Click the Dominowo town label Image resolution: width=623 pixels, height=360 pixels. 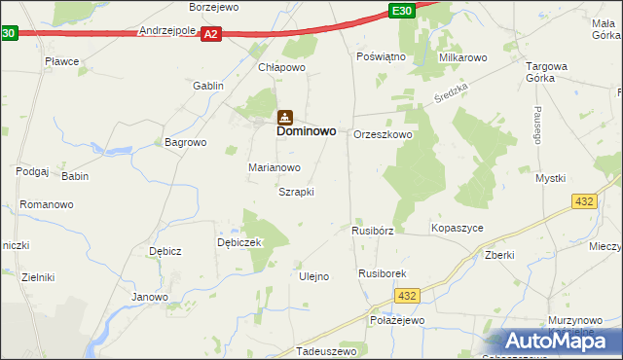(x=307, y=129)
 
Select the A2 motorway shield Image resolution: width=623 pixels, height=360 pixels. (x=211, y=33)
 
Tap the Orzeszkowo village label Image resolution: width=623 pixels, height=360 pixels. (x=383, y=135)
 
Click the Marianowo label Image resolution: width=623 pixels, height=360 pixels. (x=274, y=167)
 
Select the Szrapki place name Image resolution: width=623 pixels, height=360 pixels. (x=296, y=192)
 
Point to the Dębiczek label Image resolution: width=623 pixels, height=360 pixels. (x=239, y=242)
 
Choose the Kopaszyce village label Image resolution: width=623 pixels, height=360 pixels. (x=457, y=228)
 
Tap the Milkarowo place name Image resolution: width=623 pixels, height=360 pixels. (x=462, y=58)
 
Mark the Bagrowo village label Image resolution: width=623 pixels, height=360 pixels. (x=186, y=142)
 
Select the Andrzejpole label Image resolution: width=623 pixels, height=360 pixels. (x=167, y=31)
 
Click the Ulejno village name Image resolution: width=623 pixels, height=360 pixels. (x=312, y=276)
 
